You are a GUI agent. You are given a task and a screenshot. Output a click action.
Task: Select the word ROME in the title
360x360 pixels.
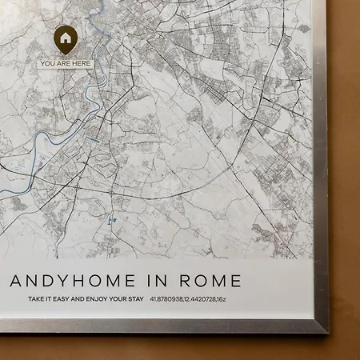(x=211, y=282)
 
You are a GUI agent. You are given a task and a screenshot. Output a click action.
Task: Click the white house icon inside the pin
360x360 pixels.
(x=65, y=37)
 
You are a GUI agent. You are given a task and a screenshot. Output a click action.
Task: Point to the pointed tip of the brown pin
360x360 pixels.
(x=65, y=54)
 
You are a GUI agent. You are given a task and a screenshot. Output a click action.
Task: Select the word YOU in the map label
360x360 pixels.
(x=48, y=63)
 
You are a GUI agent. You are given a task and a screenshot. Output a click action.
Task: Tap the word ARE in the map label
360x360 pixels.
(x=63, y=63)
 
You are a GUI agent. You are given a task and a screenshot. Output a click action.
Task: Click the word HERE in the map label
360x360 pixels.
(x=80, y=63)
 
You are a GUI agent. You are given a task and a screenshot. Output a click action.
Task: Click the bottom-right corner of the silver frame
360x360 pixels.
(x=327, y=331)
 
